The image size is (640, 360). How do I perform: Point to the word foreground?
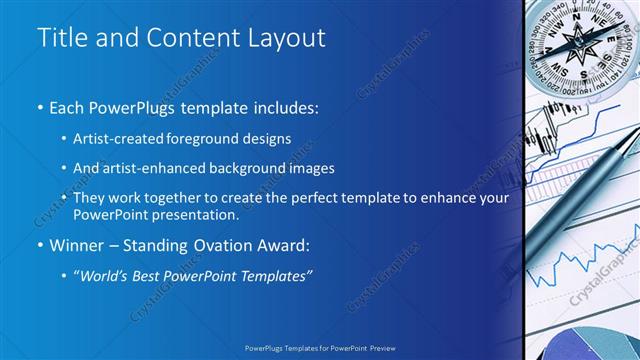click(x=217, y=138)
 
